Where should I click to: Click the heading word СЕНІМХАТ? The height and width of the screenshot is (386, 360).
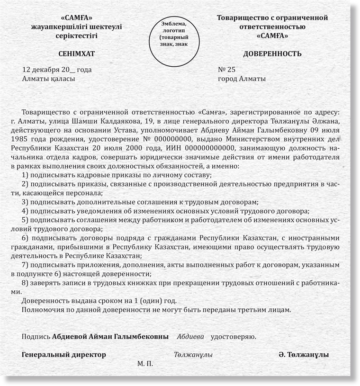click(x=76, y=54)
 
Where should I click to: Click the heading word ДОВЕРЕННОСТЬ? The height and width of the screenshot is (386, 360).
click(x=272, y=54)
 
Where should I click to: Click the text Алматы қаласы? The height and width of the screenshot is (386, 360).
click(x=48, y=79)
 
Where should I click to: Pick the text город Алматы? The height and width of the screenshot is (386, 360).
click(x=242, y=79)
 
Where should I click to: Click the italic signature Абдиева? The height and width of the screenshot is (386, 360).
click(x=190, y=337)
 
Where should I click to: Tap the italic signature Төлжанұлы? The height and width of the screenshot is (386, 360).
click(x=193, y=355)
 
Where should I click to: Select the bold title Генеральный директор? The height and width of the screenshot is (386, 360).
click(x=64, y=355)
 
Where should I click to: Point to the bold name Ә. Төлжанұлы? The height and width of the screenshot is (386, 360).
click(x=304, y=355)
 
